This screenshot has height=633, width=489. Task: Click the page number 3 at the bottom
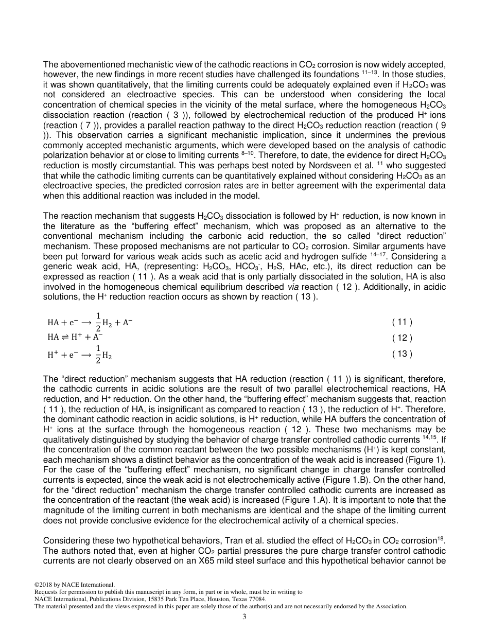pos(244,617)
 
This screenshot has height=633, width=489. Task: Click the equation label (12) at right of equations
pos(402,338)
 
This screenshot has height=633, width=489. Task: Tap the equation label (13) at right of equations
pos(402,354)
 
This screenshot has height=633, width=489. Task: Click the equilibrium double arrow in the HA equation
pos(65,337)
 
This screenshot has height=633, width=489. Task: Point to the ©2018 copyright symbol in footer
pos(37,585)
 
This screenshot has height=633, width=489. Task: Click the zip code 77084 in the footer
pos(256,600)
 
